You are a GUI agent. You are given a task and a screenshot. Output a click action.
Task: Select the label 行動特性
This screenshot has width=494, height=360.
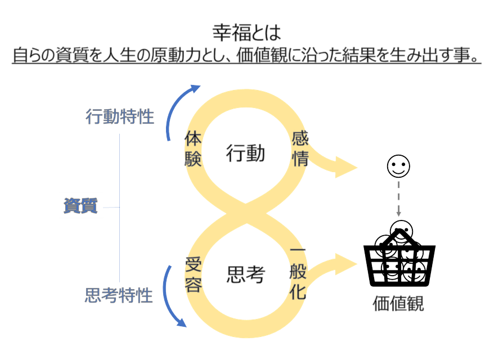(x=120, y=117)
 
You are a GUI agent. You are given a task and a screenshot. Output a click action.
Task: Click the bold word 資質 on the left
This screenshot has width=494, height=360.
(x=80, y=206)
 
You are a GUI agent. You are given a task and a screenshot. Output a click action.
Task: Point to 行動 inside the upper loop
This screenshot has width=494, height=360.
(x=245, y=153)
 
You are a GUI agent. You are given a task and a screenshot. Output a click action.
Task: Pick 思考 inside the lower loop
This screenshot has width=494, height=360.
(x=245, y=274)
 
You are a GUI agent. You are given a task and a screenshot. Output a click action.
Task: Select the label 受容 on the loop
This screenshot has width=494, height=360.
(x=193, y=275)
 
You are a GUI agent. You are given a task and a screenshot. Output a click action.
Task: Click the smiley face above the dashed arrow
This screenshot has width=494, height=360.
(x=398, y=166)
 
